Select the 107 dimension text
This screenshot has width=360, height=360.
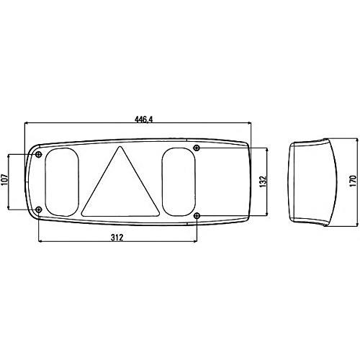[x=6, y=181]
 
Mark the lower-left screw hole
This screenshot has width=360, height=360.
[x=39, y=210]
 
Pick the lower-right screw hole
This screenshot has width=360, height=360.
[x=197, y=215]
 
